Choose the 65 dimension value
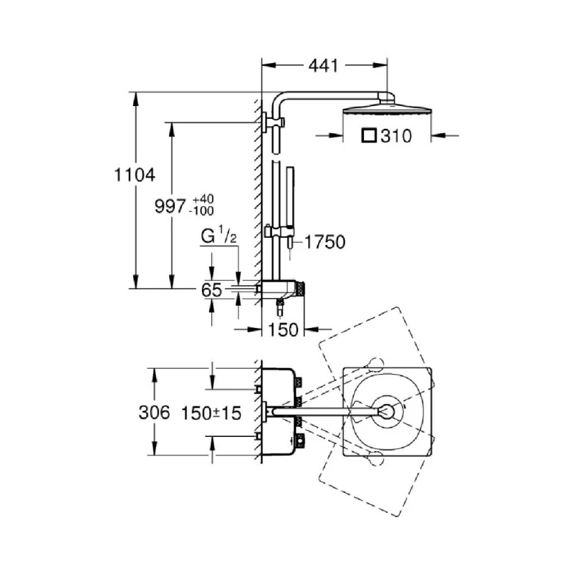[x=211, y=290]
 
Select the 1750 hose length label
[x=325, y=242]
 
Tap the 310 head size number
[x=397, y=135]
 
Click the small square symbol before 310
[x=369, y=135]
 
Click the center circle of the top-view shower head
[x=387, y=411]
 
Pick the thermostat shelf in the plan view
[x=279, y=412]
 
